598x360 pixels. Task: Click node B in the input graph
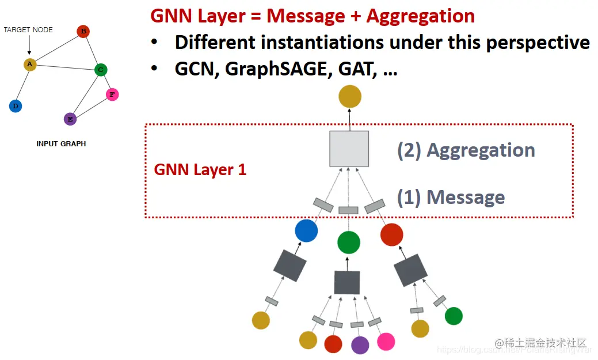coord(83,31)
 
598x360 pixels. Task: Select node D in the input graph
coord(16,106)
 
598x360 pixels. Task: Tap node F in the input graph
coord(112,94)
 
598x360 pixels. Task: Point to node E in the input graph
coord(70,119)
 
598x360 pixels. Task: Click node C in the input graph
coord(101,70)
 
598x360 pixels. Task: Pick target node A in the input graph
coord(30,65)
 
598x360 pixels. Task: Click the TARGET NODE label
coord(28,29)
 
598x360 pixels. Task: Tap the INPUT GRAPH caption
coord(61,143)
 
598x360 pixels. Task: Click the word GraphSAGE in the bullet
coord(268,69)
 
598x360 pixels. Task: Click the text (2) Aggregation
coord(466,150)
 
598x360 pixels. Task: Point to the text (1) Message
coord(451,198)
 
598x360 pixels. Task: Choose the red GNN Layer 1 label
coord(200,170)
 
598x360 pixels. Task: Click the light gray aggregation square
coord(349,149)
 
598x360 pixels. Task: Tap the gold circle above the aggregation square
coord(349,96)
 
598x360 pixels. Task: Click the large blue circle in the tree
coord(306,231)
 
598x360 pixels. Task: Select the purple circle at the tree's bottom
coord(360,344)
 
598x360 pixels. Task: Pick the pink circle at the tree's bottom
coord(386,341)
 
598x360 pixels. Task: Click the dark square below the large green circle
coord(347,282)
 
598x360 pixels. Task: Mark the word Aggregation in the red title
coord(420,16)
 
